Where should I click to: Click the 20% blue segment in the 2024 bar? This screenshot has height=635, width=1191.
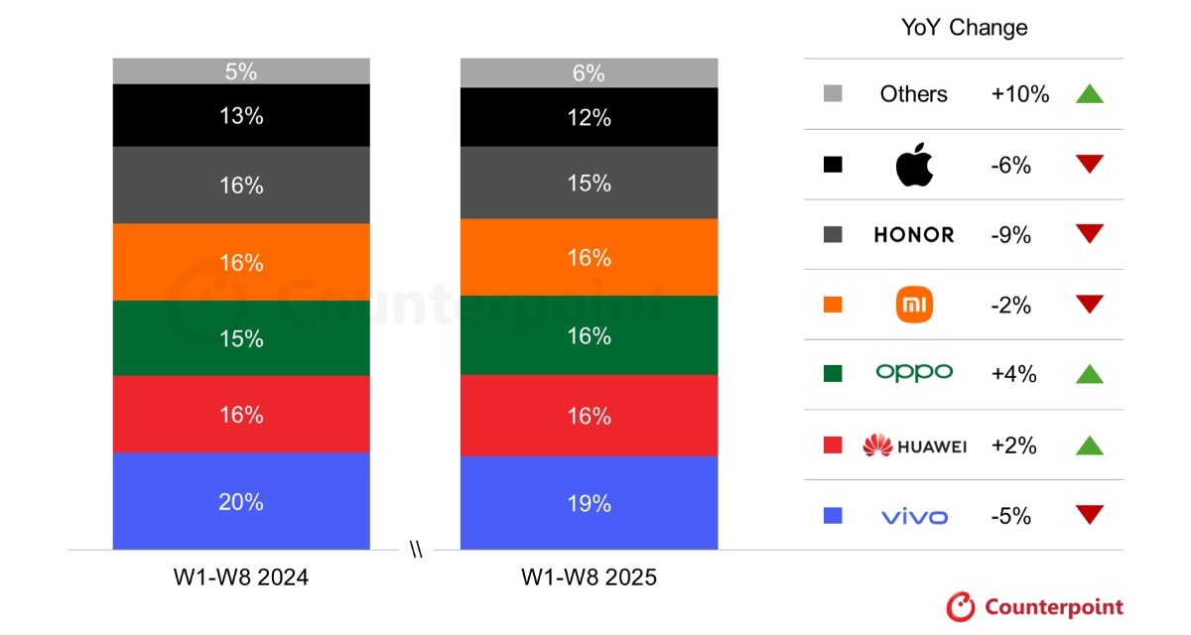tap(241, 501)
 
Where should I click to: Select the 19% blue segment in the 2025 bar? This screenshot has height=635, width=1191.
tap(589, 503)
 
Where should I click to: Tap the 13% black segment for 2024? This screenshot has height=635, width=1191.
tap(241, 116)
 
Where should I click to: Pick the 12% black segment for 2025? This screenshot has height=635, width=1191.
tap(589, 118)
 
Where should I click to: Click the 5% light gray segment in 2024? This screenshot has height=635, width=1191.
tap(241, 71)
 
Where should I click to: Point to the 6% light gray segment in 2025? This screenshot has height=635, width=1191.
tap(589, 72)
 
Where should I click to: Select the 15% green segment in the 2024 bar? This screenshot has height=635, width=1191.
tap(241, 338)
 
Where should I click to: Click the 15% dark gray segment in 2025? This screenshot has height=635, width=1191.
tap(589, 184)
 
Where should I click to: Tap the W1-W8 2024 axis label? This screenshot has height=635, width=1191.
tap(241, 577)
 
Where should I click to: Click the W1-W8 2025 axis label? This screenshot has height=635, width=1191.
tap(589, 577)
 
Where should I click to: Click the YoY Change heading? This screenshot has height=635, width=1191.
tap(964, 28)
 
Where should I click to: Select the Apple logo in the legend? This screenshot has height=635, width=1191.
tap(914, 165)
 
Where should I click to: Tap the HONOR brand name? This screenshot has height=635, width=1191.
tap(914, 235)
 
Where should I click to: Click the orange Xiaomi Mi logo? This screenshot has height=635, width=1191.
tap(914, 305)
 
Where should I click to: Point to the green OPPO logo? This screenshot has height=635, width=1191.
tap(914, 373)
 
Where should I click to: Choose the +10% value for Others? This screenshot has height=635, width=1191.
tap(1019, 94)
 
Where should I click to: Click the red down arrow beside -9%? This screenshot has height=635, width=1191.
tap(1090, 234)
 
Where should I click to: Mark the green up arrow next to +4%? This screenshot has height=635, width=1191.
tap(1090, 374)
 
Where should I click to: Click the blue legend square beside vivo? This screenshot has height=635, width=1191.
tap(833, 516)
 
